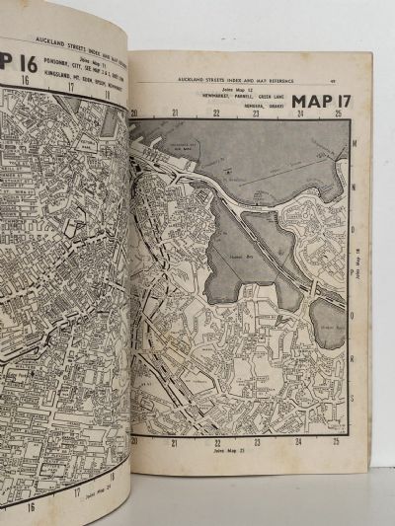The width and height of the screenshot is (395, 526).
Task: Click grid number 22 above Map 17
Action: coord(215,113)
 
